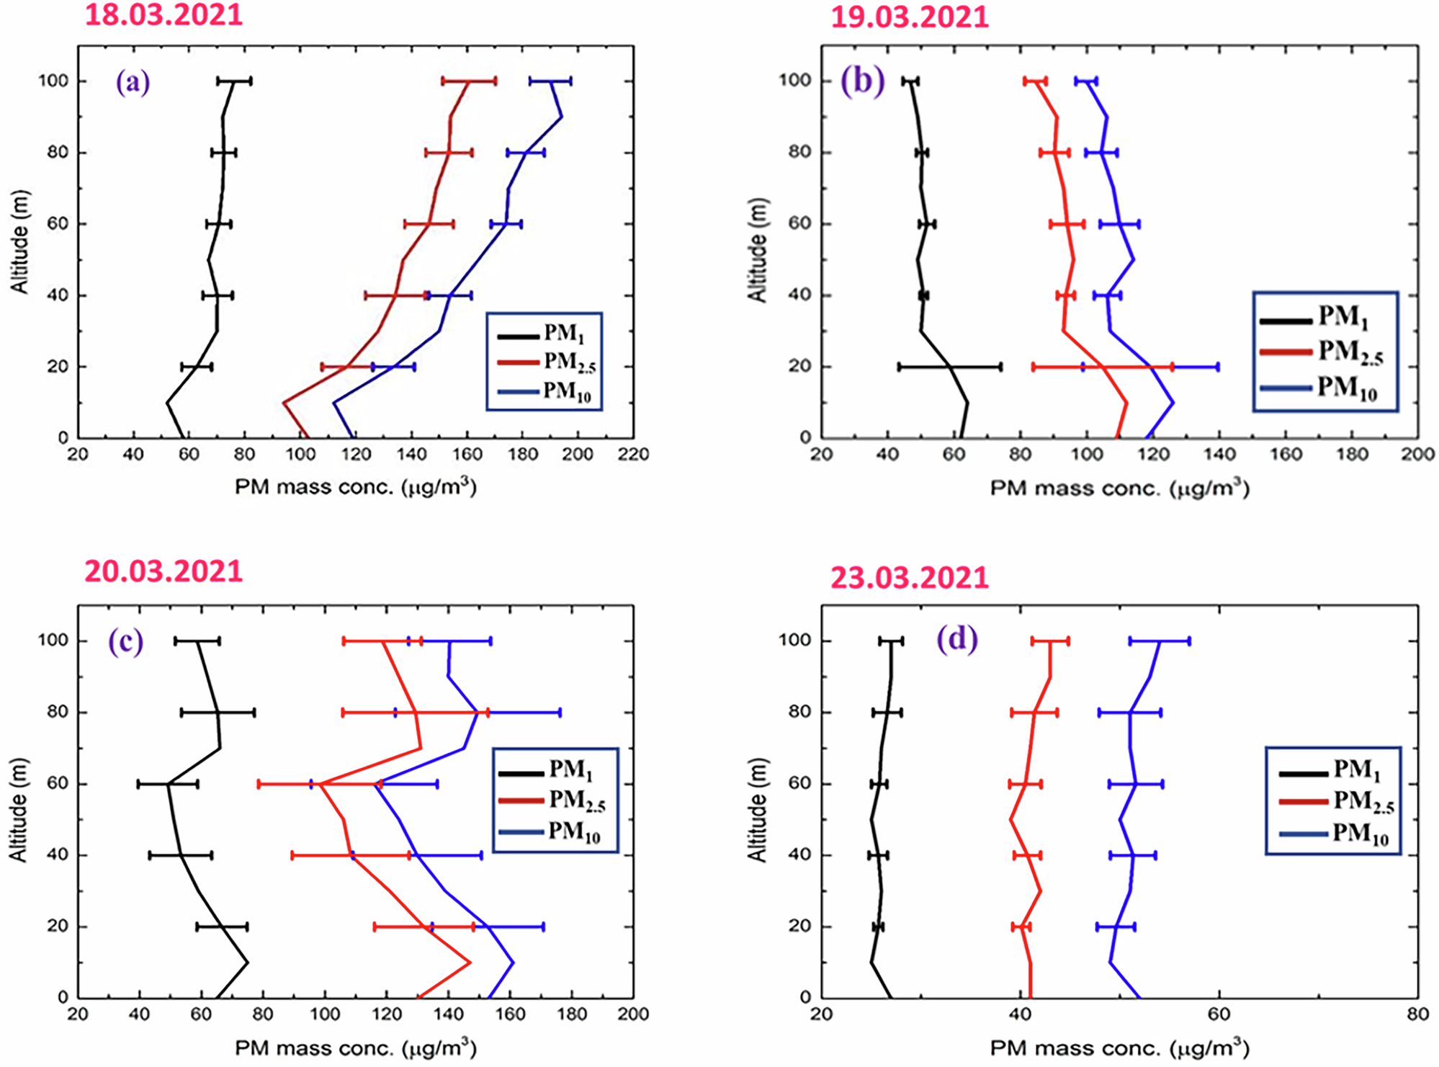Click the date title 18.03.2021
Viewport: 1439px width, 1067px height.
(x=163, y=14)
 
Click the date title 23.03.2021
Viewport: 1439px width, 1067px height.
(x=909, y=578)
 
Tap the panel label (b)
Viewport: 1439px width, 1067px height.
(x=862, y=81)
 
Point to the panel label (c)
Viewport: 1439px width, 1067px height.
(x=125, y=640)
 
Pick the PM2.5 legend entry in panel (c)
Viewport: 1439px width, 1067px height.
(x=552, y=800)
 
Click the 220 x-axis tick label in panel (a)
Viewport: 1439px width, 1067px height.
(x=633, y=455)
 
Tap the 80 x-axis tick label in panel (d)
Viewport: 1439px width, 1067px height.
(x=1417, y=1014)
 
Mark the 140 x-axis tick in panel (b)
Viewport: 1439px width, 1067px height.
(x=1219, y=455)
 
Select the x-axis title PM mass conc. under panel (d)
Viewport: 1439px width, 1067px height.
(x=1119, y=1048)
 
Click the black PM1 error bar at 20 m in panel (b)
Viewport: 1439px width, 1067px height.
(x=949, y=367)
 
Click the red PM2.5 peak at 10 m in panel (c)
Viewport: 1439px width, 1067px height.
(x=470, y=962)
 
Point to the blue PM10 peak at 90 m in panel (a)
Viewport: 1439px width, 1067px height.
(x=561, y=117)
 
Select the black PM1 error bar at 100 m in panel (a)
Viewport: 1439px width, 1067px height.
(x=234, y=81)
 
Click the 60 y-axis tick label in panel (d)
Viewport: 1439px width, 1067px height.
(x=799, y=783)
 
